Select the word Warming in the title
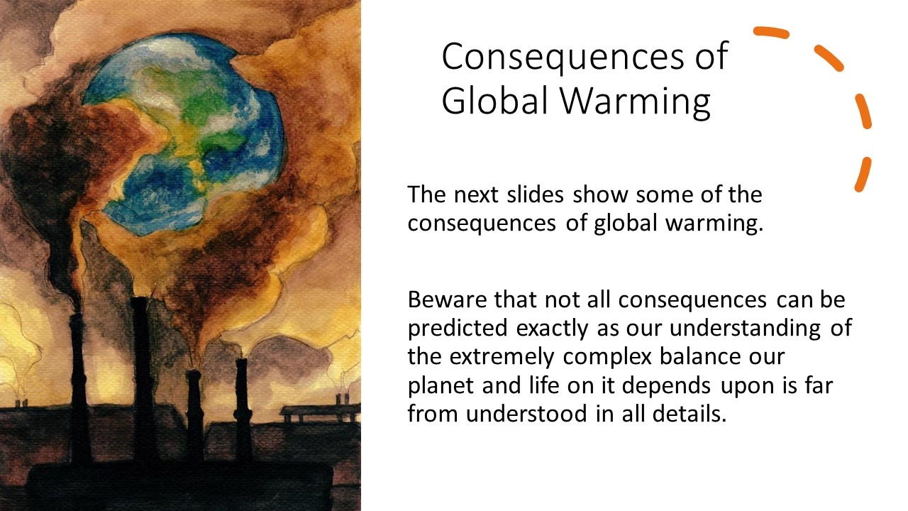(x=636, y=101)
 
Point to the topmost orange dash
(x=771, y=33)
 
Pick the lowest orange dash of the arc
(x=863, y=175)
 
